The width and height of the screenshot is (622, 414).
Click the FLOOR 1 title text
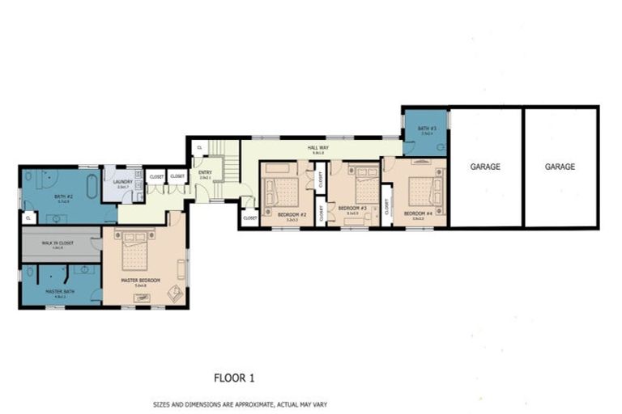[234, 377]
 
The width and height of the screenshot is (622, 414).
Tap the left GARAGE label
[486, 167]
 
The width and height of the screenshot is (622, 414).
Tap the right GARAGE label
[560, 167]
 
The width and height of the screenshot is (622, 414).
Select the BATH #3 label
[428, 129]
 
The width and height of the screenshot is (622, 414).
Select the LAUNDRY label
[123, 183]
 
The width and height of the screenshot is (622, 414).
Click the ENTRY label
[205, 172]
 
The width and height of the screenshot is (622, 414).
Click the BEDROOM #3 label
[352, 209]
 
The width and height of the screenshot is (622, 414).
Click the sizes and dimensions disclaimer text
[240, 403]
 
